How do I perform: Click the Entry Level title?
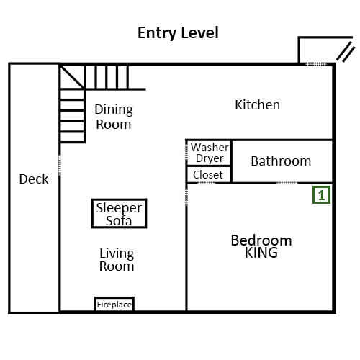pos(178,33)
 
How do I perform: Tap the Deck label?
pos(34,179)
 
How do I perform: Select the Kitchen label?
pos(257,105)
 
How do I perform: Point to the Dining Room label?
pos(114,117)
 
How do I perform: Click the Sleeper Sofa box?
pos(119,213)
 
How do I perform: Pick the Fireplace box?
pos(114,304)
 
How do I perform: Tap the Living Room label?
pos(117,260)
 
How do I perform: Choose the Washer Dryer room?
pos(209,153)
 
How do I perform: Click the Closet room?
pos(209,174)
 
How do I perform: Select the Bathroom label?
pos(281,161)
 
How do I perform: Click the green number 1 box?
pos(321,195)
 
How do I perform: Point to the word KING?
pos(261,253)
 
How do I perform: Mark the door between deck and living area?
pos(60,165)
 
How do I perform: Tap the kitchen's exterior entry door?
pos(316,64)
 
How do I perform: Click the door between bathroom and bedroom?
pos(287,183)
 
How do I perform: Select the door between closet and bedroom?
pos(207,183)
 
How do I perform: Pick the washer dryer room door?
pos(186,153)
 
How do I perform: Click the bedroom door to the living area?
pos(186,197)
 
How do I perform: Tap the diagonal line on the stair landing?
pos(72,77)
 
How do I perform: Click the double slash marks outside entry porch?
pos(346,52)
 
